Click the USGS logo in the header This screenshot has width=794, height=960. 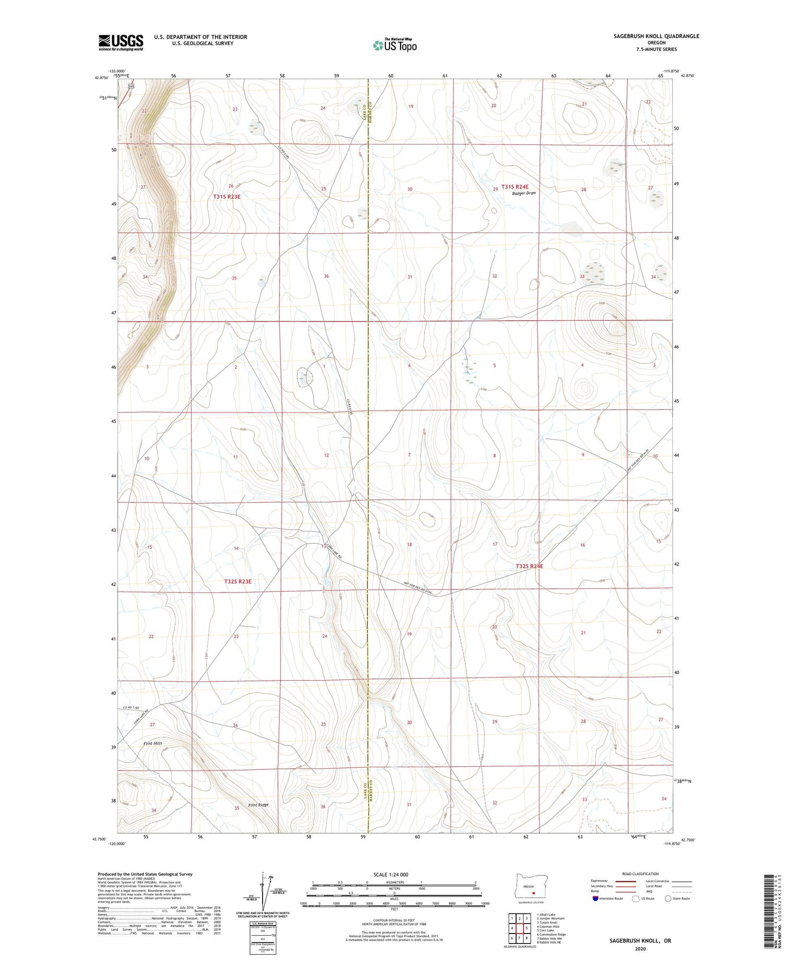(121, 42)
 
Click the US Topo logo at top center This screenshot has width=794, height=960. (395, 46)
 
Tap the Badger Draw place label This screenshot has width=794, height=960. (524, 193)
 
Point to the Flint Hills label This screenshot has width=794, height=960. (152, 743)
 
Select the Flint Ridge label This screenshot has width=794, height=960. (259, 805)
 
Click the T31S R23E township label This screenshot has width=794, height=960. (227, 196)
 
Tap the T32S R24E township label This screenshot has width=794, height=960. (529, 566)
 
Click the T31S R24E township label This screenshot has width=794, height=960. (515, 186)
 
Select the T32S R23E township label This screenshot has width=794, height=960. (237, 581)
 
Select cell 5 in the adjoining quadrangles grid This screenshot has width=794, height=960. (527, 928)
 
